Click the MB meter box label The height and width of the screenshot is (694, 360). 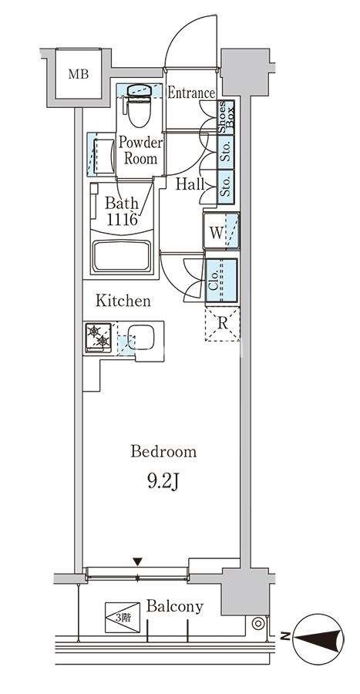(x=79, y=74)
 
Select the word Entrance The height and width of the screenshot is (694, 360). (x=191, y=93)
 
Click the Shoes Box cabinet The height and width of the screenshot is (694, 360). (x=226, y=117)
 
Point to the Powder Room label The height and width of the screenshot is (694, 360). (x=140, y=150)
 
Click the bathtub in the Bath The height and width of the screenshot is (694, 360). (x=121, y=257)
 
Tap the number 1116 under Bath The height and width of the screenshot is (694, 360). (x=121, y=219)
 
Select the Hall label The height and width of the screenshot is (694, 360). (x=190, y=184)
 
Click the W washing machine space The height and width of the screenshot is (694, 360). (x=221, y=231)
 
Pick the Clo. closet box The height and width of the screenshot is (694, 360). (x=221, y=281)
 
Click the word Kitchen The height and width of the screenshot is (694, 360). (x=123, y=301)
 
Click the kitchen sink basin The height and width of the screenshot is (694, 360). (x=140, y=338)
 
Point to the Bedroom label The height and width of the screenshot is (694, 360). (x=163, y=452)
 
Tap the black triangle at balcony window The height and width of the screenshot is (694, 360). (x=138, y=561)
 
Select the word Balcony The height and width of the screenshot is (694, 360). (x=175, y=606)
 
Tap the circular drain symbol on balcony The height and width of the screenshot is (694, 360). (x=257, y=624)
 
